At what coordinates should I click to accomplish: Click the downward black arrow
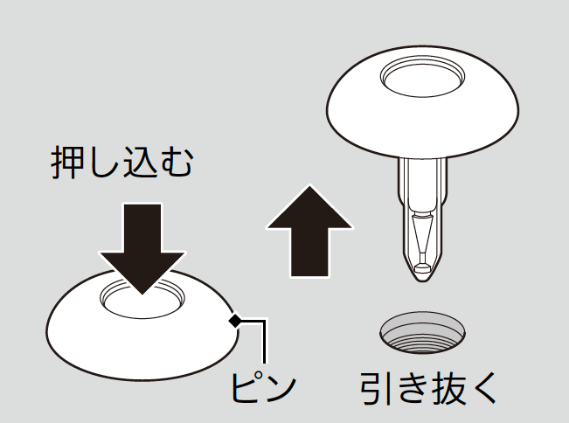(x=142, y=246)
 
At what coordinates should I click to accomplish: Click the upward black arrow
(x=309, y=232)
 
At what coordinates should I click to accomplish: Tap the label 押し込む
(x=122, y=163)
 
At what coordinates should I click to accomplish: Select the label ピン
(x=263, y=388)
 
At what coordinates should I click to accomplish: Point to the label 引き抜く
(x=427, y=389)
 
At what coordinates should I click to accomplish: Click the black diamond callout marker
(x=235, y=321)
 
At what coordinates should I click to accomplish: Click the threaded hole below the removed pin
(x=422, y=332)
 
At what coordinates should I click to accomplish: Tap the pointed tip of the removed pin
(x=422, y=280)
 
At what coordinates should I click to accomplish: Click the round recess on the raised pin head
(x=423, y=76)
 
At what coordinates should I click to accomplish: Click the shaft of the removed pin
(x=422, y=218)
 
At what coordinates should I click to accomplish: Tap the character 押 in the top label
(x=66, y=163)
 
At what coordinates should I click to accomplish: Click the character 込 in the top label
(x=141, y=163)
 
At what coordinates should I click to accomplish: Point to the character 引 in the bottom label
(x=375, y=389)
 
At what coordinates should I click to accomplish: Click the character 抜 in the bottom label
(x=448, y=389)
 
